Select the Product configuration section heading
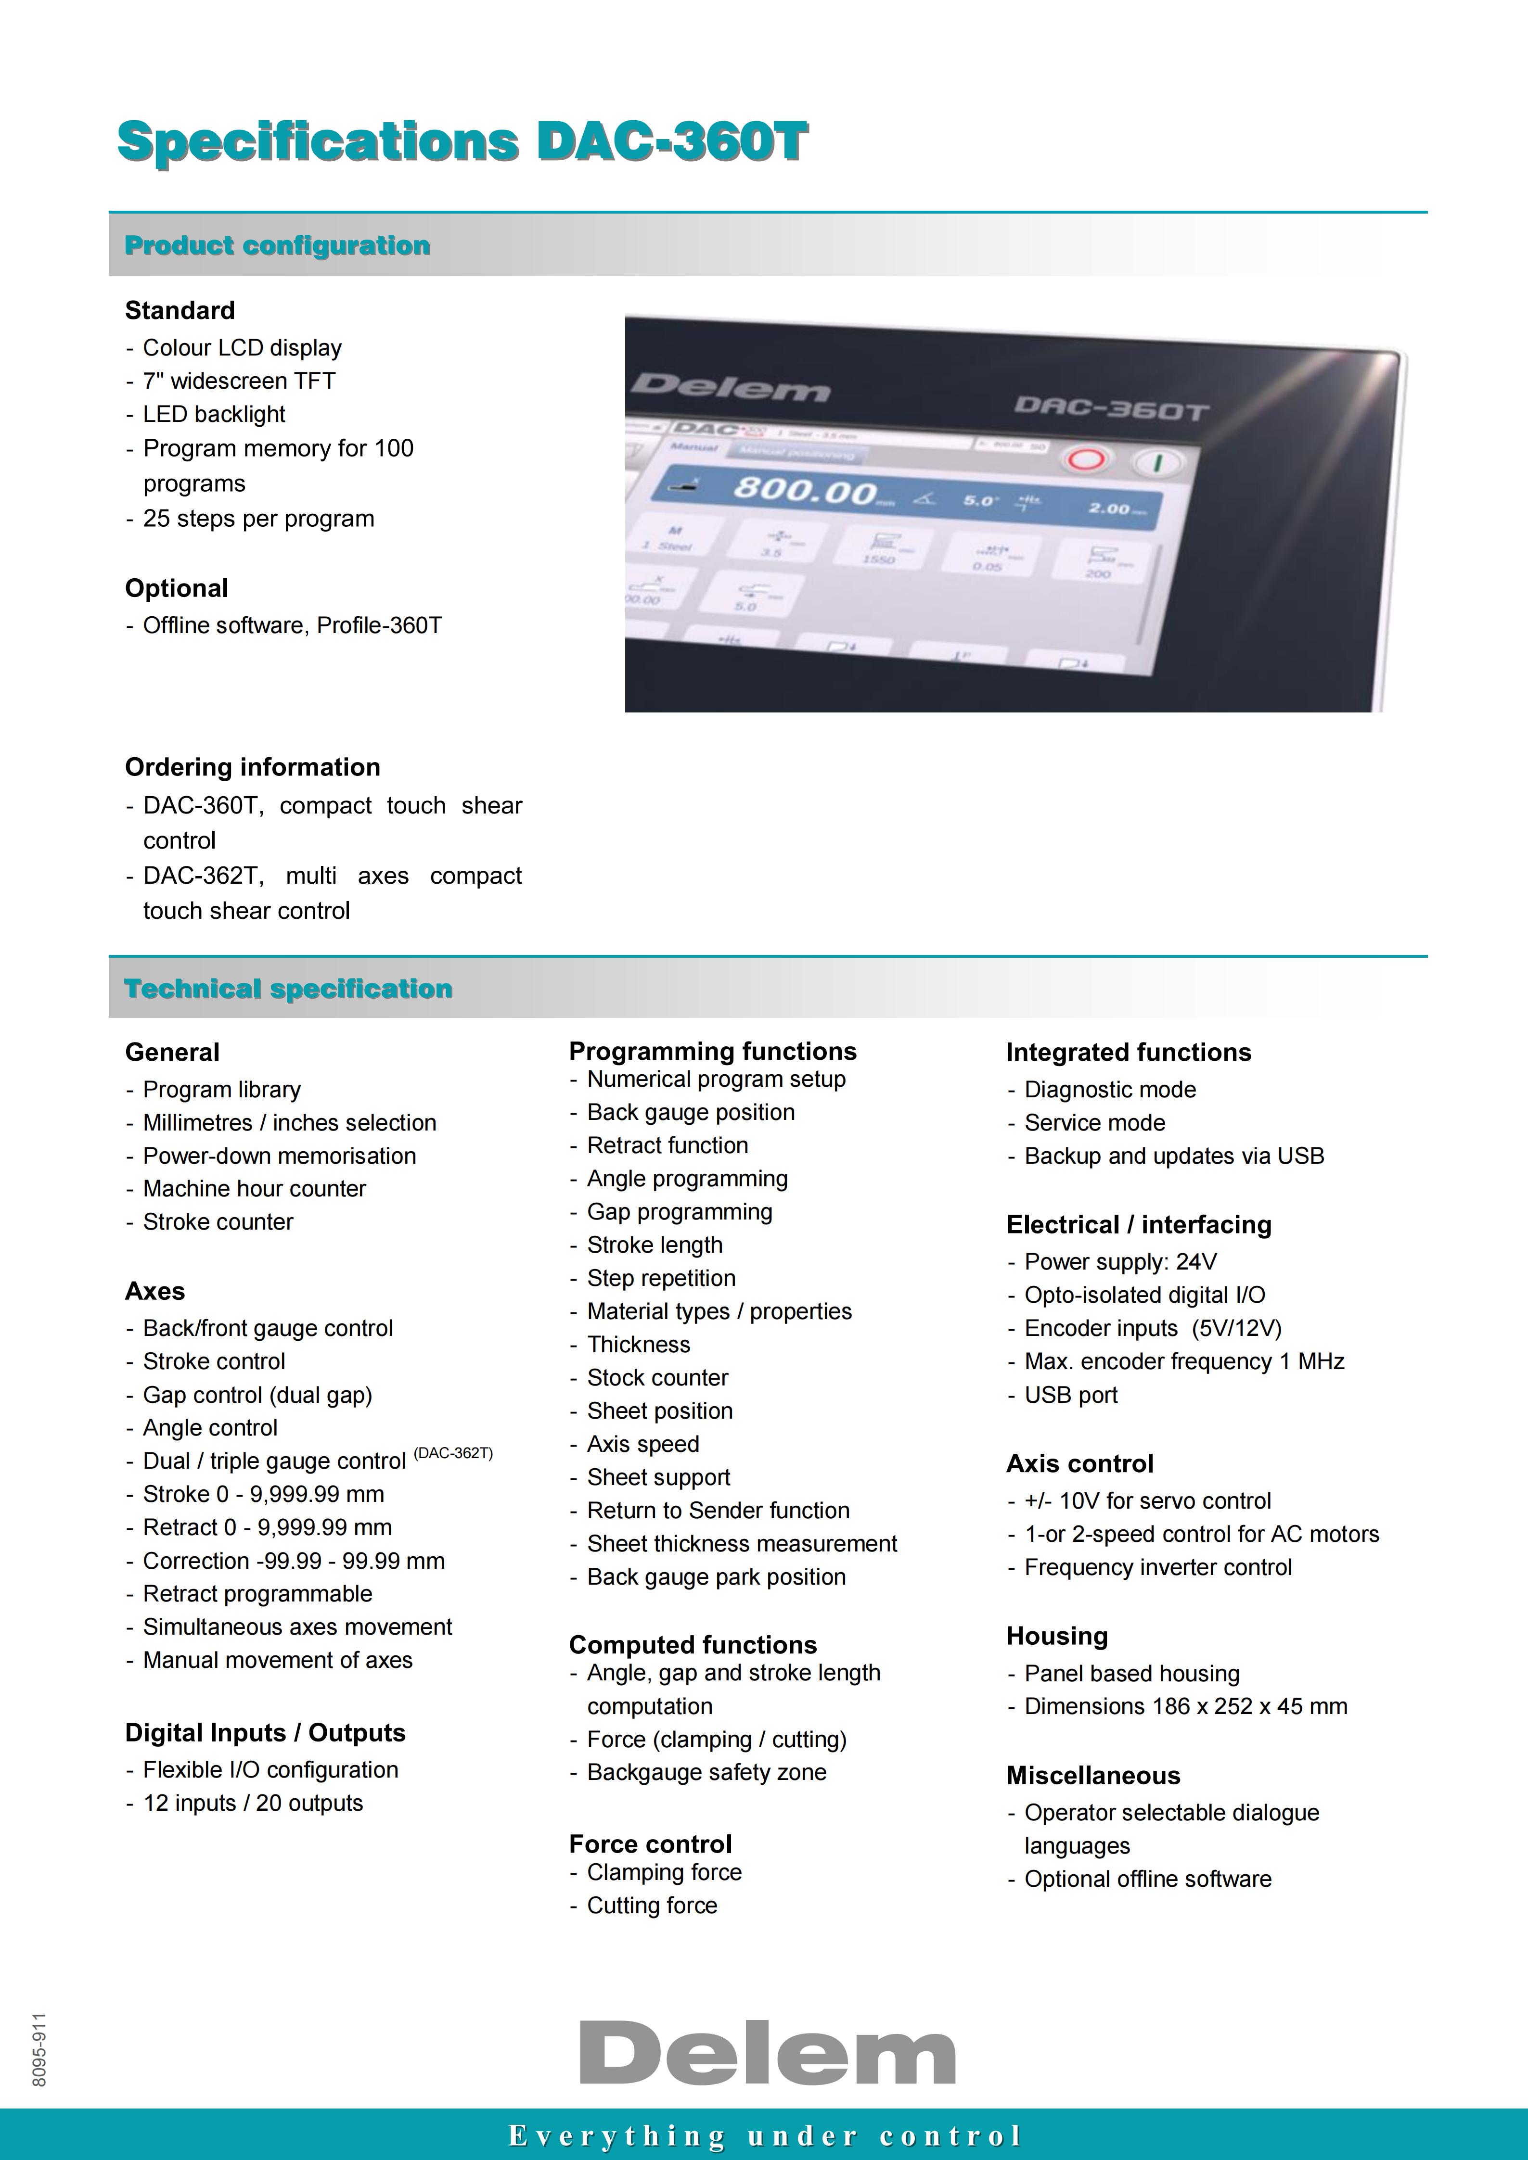[278, 245]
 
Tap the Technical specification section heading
[289, 989]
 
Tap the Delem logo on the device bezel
[730, 387]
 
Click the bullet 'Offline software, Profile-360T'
[292, 625]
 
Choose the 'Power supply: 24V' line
[1120, 1261]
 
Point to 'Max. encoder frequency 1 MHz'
[1183, 1361]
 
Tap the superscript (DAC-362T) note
[453, 1452]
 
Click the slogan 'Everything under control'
[764, 2135]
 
